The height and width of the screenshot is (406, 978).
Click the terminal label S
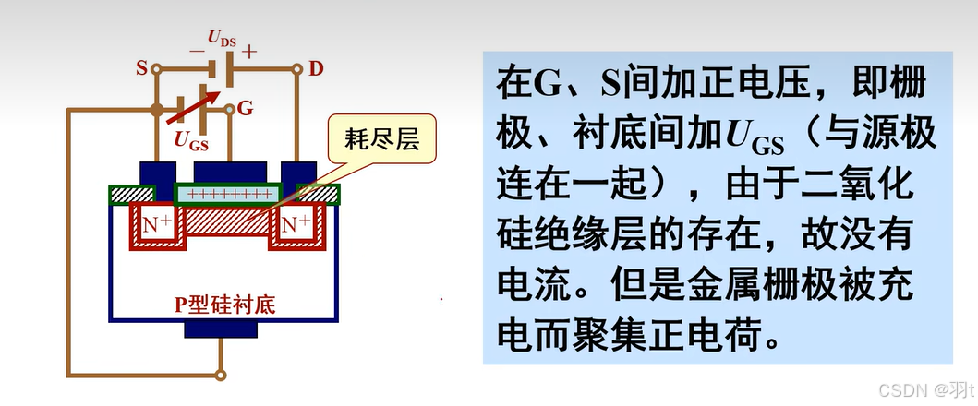141,68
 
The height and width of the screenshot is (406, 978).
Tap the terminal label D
316,68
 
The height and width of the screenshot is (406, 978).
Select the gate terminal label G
245,108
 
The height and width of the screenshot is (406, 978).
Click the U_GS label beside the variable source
191,140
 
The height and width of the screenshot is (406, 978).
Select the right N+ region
296,224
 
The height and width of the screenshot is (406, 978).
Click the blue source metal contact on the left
156,174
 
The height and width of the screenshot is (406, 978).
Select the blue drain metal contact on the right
298,174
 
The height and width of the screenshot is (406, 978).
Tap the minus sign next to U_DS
196,52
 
